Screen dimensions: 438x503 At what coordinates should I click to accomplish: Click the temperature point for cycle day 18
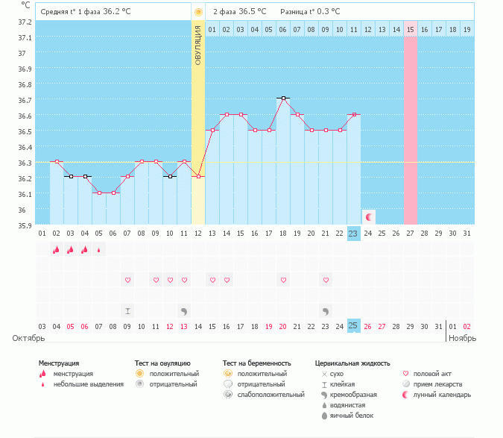(x=283, y=98)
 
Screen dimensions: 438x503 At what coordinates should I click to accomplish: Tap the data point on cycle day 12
(x=198, y=177)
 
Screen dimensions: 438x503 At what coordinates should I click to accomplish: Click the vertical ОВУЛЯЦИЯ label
(x=198, y=45)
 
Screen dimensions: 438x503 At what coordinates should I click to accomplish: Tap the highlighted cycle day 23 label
(x=354, y=234)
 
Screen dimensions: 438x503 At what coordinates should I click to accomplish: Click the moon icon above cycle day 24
(x=368, y=216)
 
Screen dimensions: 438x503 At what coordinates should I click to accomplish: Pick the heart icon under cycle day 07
(x=127, y=280)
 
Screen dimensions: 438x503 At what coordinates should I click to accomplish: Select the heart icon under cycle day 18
(x=283, y=280)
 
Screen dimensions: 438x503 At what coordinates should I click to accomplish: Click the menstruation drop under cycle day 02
(x=56, y=250)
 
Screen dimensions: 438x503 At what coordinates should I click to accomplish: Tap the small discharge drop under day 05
(x=99, y=251)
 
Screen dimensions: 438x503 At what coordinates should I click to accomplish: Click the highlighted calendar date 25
(x=354, y=326)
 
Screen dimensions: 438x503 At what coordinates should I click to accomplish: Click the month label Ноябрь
(x=460, y=339)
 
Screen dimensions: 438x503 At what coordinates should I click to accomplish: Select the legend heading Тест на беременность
(x=255, y=363)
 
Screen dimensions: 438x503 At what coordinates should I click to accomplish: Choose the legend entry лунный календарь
(x=446, y=394)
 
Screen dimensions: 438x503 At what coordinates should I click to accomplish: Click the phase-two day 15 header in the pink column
(x=411, y=29)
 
